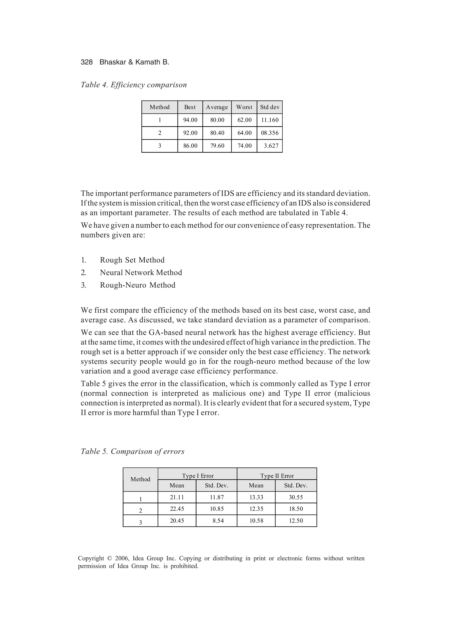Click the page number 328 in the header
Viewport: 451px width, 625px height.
point(87,62)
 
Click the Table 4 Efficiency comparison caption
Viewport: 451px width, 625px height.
point(134,85)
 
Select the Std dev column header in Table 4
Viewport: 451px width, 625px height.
point(270,107)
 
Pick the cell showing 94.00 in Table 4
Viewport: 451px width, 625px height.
point(190,120)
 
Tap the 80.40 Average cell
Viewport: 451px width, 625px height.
point(217,133)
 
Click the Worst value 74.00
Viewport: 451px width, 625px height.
point(244,146)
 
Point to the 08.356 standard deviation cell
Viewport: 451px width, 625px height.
point(270,133)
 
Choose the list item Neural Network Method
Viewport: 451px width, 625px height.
point(141,273)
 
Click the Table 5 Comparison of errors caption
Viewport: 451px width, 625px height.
point(133,451)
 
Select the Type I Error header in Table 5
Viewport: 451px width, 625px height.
point(198,476)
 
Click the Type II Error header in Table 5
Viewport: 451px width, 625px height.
point(277,476)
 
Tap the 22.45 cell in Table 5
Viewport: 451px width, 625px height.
point(177,509)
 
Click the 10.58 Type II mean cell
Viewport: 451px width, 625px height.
point(256,521)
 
